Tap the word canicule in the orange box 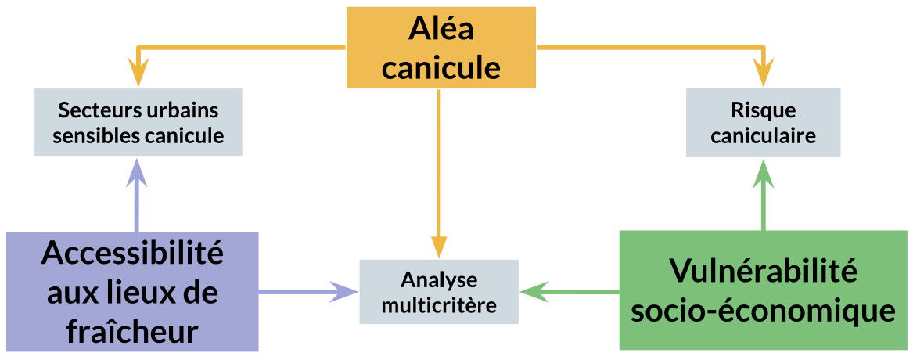click(x=441, y=67)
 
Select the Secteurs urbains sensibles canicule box click(x=138, y=122)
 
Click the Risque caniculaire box click(x=763, y=122)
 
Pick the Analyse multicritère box click(x=438, y=292)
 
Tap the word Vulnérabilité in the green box click(x=763, y=272)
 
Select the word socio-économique click(x=763, y=311)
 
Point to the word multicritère click(x=438, y=305)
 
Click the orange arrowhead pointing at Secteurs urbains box click(x=138, y=77)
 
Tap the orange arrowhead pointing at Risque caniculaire click(x=764, y=77)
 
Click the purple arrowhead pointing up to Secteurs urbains click(x=138, y=170)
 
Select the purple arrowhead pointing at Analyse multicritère click(x=346, y=292)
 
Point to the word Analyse click(x=438, y=279)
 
